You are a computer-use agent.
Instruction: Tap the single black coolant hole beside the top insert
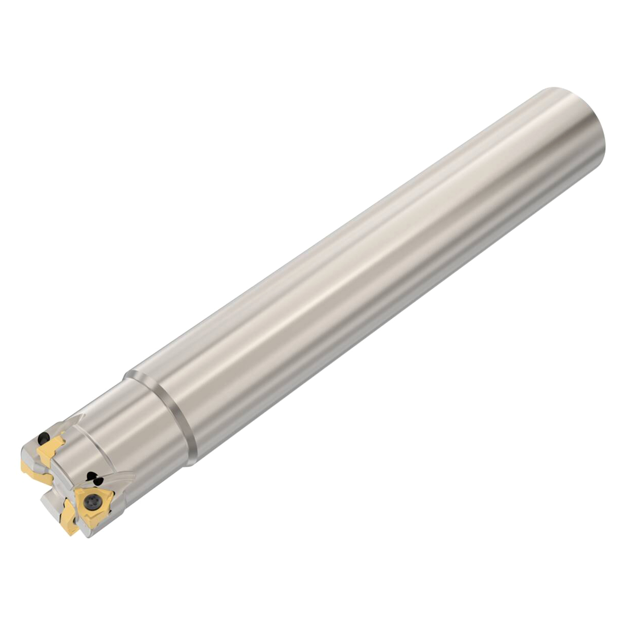click(x=44, y=438)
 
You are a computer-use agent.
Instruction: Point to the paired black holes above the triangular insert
click(x=92, y=477)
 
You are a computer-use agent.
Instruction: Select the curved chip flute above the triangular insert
click(x=117, y=477)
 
